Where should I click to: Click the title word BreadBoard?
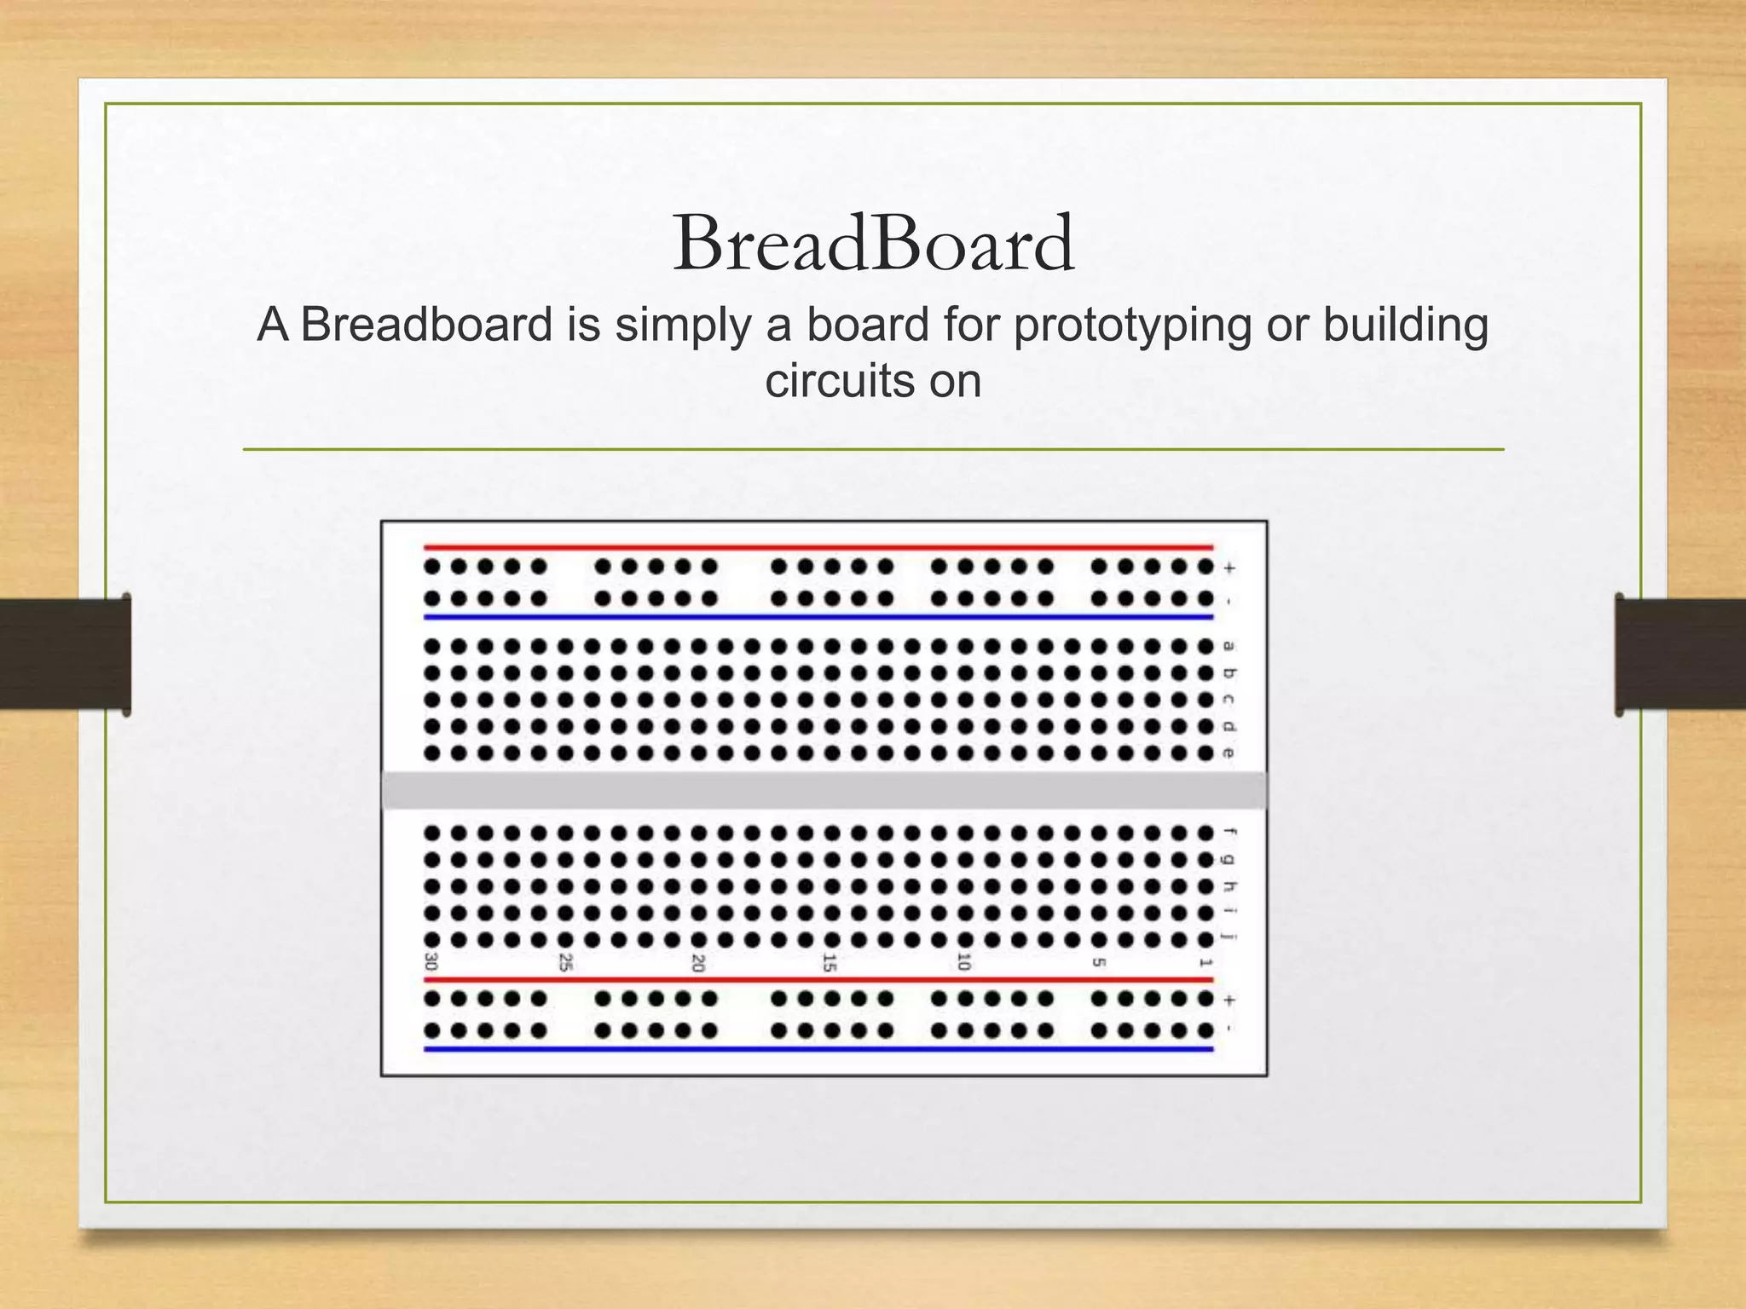click(873, 245)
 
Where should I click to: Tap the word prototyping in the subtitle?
click(1131, 326)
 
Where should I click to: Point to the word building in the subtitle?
click(1405, 326)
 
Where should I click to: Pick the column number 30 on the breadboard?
click(431, 962)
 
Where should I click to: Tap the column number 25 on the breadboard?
click(565, 962)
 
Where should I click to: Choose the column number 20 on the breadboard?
click(698, 963)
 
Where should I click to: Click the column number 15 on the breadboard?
click(830, 963)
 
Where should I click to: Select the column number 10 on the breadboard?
click(964, 962)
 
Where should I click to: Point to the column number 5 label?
click(1099, 962)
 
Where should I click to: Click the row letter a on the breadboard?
click(1229, 647)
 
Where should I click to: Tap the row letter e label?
click(1229, 753)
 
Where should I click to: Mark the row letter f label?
click(1229, 832)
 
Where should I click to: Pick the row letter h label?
click(1229, 886)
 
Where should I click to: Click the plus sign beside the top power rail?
click(1229, 568)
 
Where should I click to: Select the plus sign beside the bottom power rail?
click(1229, 999)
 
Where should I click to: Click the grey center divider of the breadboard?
click(824, 790)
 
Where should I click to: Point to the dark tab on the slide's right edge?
click(1680, 654)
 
